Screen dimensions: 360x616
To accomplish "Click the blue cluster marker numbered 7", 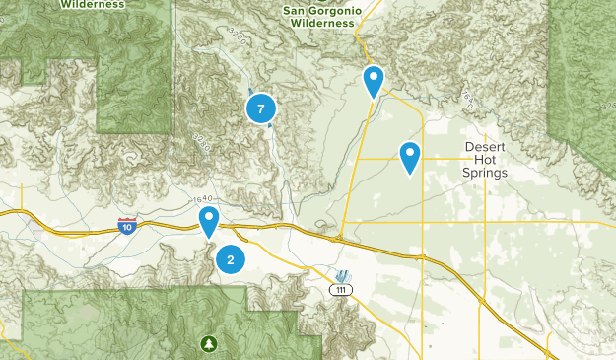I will [260, 109].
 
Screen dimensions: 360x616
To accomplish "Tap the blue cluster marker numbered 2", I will [231, 259].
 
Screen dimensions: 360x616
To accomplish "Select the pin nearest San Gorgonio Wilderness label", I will [374, 80].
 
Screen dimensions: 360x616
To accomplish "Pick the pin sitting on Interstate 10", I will [209, 221].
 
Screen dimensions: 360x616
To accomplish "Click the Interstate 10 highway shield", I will [127, 226].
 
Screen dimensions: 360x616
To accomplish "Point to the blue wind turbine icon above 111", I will [342, 274].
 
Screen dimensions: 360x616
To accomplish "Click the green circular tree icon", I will [208, 342].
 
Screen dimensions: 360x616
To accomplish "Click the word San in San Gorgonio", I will [298, 10].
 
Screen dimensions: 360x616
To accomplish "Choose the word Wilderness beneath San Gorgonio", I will [317, 22].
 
